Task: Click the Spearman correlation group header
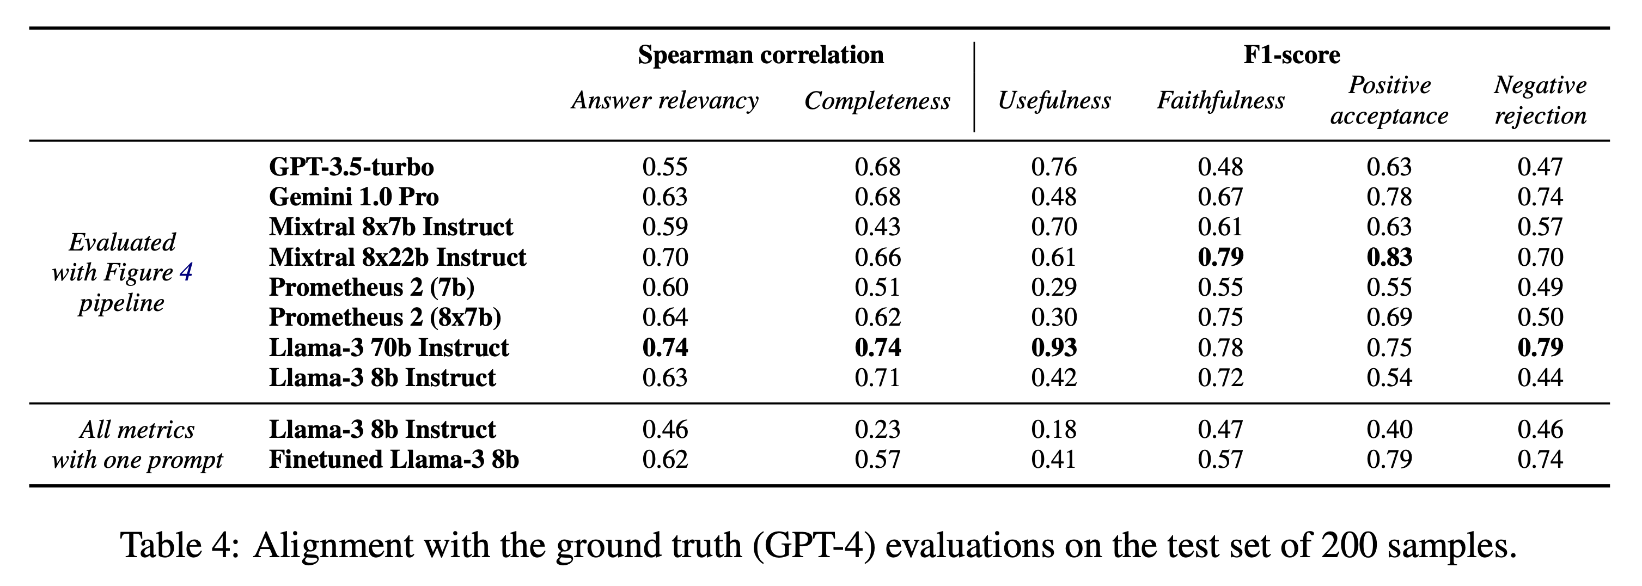point(760,55)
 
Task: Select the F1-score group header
point(1291,55)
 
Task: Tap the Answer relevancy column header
point(665,101)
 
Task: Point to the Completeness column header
point(877,101)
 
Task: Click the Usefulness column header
point(1054,101)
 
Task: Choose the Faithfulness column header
point(1220,101)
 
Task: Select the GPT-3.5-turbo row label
point(351,167)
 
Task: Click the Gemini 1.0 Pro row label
point(354,197)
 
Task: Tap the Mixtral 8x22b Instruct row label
point(397,258)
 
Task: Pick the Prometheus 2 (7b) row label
point(371,288)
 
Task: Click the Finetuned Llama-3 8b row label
point(393,460)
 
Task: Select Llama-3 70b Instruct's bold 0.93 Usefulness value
point(1054,348)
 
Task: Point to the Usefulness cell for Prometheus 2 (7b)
point(1054,288)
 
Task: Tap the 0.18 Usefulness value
point(1054,430)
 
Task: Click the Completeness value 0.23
point(877,430)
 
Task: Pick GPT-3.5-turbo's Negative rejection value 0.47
point(1540,167)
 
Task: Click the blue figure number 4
point(186,273)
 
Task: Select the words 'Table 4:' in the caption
point(179,546)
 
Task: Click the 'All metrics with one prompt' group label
point(137,444)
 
